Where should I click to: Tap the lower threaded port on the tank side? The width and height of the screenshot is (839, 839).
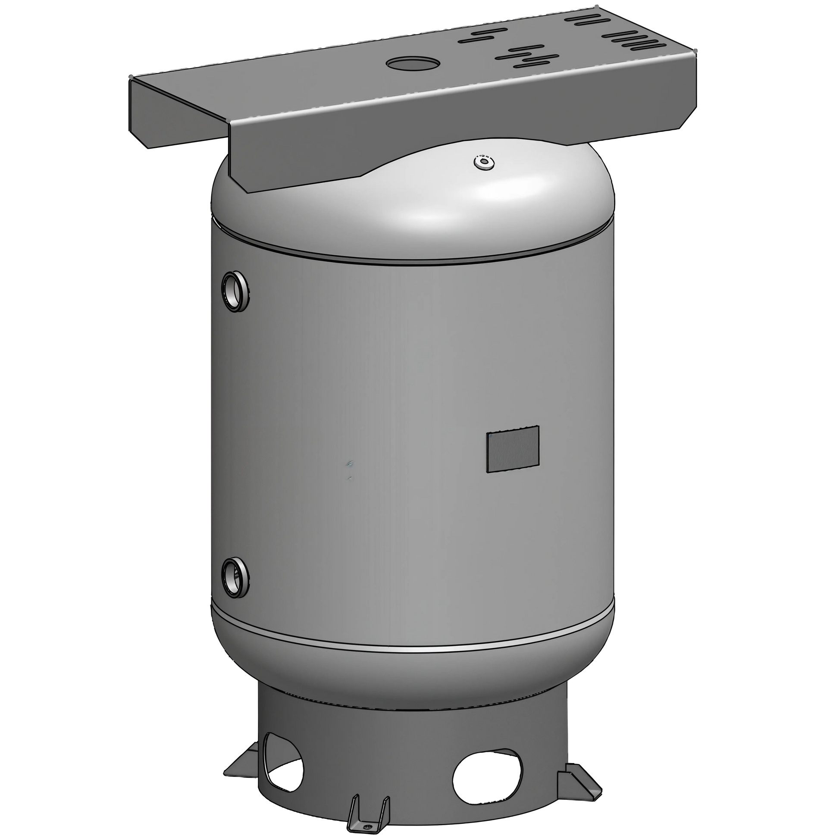tap(235, 575)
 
